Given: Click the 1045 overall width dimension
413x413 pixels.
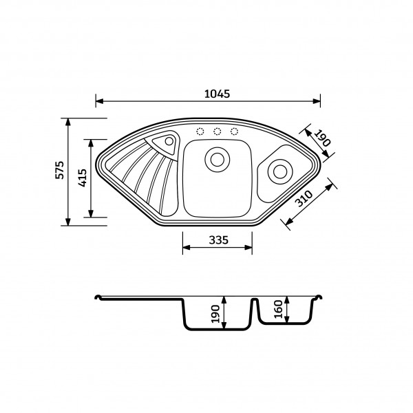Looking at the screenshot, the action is (x=217, y=94).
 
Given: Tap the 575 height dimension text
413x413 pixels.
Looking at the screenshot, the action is (x=60, y=170).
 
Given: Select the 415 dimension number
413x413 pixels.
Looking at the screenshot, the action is (x=83, y=178).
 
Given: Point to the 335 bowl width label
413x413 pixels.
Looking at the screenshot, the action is (x=218, y=240).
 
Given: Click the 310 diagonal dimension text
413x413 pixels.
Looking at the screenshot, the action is (x=304, y=198).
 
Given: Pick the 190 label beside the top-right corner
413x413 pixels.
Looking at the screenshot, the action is (x=322, y=138).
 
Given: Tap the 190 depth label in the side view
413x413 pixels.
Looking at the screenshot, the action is (x=215, y=314).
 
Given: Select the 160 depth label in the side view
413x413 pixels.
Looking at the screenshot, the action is (x=278, y=308).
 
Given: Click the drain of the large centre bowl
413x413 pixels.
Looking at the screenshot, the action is (x=218, y=160).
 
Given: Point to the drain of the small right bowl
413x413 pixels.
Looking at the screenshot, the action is (x=280, y=171).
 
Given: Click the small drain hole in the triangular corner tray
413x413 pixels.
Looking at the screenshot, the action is (x=169, y=141).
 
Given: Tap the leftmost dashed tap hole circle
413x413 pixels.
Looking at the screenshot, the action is (x=200, y=131).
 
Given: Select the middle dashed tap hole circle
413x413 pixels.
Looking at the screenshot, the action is (x=218, y=131).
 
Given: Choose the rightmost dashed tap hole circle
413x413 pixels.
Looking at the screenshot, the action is (x=234, y=131).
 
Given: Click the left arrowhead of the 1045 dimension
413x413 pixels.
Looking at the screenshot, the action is (x=99, y=101).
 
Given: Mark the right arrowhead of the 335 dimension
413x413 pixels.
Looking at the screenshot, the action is (x=248, y=247).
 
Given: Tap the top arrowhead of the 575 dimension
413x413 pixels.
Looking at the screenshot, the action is (x=68, y=122).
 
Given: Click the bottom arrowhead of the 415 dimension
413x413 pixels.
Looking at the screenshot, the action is (x=91, y=213).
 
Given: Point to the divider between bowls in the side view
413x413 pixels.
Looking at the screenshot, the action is (x=254, y=312).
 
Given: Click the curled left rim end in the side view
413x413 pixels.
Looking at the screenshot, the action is (x=98, y=297).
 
